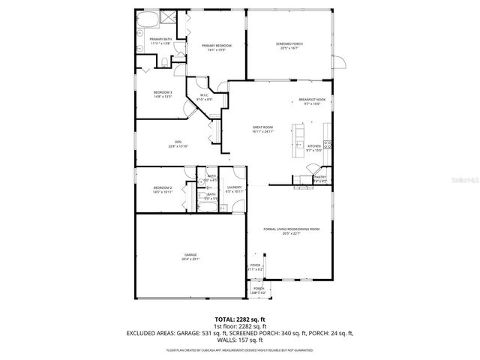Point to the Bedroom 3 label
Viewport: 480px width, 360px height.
click(x=163, y=92)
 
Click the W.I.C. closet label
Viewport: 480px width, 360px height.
click(x=203, y=94)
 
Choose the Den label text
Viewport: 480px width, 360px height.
click(x=178, y=141)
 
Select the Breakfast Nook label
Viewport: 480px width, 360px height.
click(x=311, y=100)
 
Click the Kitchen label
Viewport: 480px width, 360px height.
click(x=314, y=146)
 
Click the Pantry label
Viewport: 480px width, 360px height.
click(x=319, y=177)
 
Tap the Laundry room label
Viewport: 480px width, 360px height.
click(x=234, y=187)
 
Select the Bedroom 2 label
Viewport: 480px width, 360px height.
click(x=163, y=187)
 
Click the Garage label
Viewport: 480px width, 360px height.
click(x=190, y=255)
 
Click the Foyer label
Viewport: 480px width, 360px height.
click(x=255, y=265)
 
